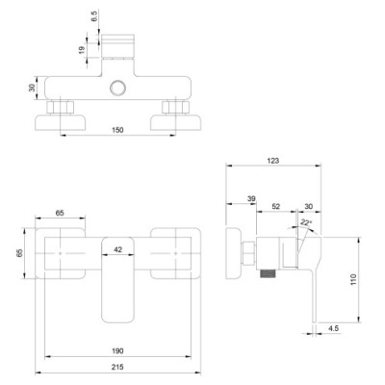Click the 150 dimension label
click(117, 130)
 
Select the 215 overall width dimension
click(117, 367)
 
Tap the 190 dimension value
click(117, 351)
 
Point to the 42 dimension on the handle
click(118, 249)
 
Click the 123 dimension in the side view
click(272, 161)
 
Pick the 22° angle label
click(306, 222)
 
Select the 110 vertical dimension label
click(353, 280)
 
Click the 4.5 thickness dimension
click(333, 328)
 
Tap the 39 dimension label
click(251, 199)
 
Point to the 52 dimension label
click(276, 207)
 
